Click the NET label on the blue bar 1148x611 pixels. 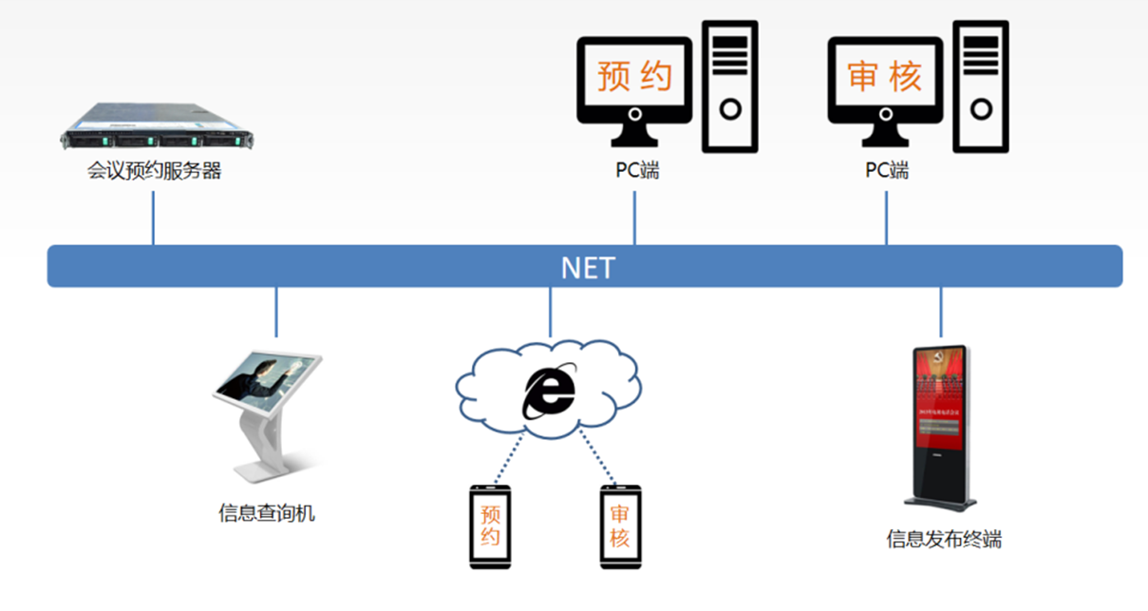click(588, 267)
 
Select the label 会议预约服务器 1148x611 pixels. click(154, 172)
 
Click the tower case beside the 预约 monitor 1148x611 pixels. click(729, 86)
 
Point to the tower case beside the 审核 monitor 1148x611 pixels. click(981, 86)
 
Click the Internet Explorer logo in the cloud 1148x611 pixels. click(549, 390)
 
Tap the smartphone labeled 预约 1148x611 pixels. click(491, 527)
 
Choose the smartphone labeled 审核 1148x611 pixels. click(620, 527)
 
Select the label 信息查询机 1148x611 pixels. click(266, 514)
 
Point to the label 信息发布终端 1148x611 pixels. click(944, 540)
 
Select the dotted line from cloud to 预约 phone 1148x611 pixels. click(505, 462)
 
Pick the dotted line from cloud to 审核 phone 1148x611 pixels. click(597, 460)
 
